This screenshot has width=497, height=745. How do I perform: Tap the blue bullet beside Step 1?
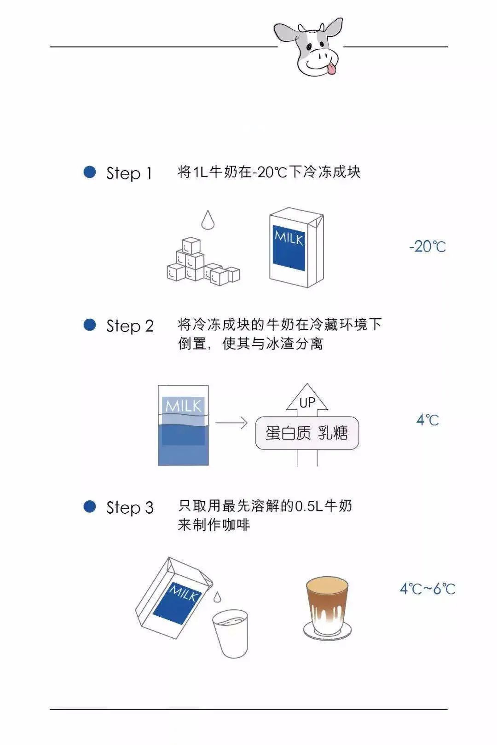pyautogui.click(x=90, y=172)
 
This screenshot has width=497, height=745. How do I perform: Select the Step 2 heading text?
pyautogui.click(x=130, y=326)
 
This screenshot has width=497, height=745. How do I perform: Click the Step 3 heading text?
pyautogui.click(x=130, y=508)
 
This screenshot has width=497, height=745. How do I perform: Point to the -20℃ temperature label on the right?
pyautogui.click(x=427, y=246)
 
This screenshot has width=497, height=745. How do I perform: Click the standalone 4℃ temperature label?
pyautogui.click(x=428, y=420)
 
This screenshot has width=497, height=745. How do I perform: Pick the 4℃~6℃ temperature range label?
pyautogui.click(x=428, y=589)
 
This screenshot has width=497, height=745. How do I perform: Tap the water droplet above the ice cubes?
pyautogui.click(x=208, y=220)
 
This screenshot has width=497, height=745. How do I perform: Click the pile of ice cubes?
pyautogui.click(x=203, y=261)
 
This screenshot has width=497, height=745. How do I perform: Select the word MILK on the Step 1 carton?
pyautogui.click(x=289, y=238)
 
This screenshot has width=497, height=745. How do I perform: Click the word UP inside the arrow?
pyautogui.click(x=307, y=403)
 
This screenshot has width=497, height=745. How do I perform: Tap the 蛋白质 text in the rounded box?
pyautogui.click(x=288, y=433)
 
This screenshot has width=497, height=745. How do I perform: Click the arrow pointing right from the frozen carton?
pyautogui.click(x=231, y=423)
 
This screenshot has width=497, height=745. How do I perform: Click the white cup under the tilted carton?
pyautogui.click(x=231, y=634)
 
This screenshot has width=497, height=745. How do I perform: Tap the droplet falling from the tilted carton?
pyautogui.click(x=217, y=596)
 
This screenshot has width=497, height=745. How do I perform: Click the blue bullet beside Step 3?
pyautogui.click(x=90, y=507)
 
